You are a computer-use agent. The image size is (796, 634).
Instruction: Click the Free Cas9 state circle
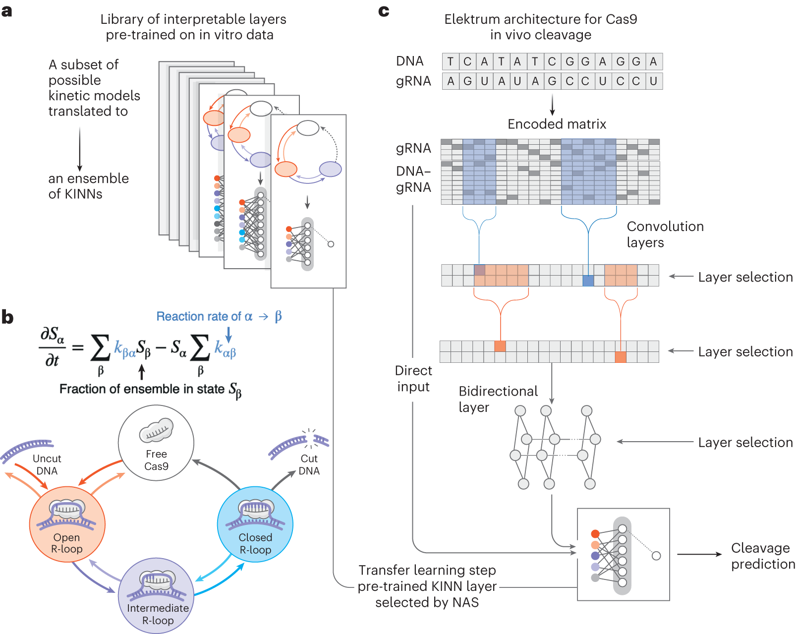click(156, 443)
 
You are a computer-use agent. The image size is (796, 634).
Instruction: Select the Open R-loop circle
click(67, 524)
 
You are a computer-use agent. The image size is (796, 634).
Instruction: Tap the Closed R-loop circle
click(255, 524)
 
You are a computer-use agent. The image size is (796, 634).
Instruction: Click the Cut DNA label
click(309, 464)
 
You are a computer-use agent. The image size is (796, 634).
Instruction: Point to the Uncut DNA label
click(47, 464)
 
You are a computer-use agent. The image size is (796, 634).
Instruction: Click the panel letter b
click(7, 317)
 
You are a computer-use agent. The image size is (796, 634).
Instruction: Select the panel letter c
click(384, 11)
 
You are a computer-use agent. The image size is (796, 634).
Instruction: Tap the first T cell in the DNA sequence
click(450, 61)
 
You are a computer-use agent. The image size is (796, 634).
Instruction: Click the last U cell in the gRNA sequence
click(653, 81)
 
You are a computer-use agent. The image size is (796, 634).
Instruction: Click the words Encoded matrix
click(557, 124)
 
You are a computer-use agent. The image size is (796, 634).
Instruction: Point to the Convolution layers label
click(665, 234)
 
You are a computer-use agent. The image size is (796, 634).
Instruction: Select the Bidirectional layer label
click(498, 399)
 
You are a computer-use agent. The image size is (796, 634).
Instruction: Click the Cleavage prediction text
click(763, 556)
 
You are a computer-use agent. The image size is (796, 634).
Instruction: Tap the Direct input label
click(413, 378)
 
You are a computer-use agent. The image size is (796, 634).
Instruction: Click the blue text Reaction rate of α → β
click(219, 316)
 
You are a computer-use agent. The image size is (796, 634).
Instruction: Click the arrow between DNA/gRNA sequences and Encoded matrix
click(552, 105)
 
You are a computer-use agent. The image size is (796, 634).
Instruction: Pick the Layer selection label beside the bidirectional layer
click(745, 442)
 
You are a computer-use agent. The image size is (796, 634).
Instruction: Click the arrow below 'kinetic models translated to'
click(80, 149)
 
